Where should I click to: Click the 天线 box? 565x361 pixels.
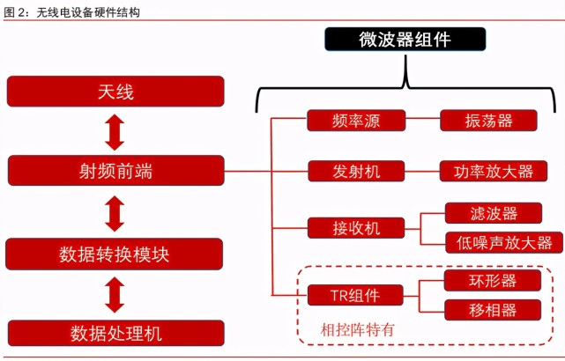coord(115,91)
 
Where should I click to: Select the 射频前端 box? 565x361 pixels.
coord(115,171)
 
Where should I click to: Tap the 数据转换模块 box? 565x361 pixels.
coord(115,254)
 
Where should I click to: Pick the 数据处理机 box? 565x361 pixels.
coord(115,333)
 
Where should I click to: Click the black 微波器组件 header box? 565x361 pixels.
coord(405,40)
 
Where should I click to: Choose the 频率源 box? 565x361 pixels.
coord(356,121)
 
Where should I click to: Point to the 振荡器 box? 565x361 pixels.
coord(488,121)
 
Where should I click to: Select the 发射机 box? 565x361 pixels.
coord(356,171)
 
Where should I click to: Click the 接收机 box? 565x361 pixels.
coord(356,227)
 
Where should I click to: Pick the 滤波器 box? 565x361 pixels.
coord(493,213)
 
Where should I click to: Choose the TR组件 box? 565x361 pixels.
coord(356,295)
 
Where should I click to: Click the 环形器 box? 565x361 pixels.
coord(493,281)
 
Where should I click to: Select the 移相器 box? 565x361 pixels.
coord(493,310)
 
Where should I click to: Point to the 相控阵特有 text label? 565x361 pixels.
coord(356,330)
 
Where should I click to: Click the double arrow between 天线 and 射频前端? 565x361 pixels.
coord(115,131)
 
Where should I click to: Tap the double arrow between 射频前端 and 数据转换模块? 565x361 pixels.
coord(115,212)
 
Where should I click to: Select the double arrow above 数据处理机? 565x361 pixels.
coord(115,293)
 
